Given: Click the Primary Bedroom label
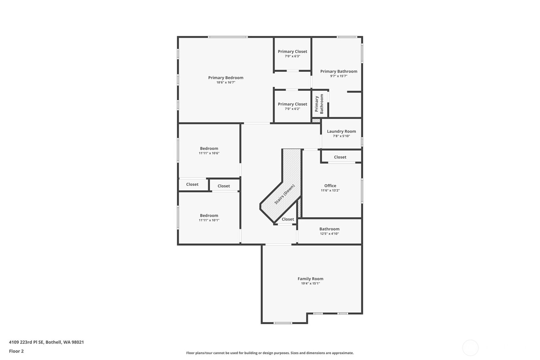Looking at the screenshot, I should coord(226,78).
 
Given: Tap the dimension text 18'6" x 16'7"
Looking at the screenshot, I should coord(226,82).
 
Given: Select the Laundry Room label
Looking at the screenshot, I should coord(341,131).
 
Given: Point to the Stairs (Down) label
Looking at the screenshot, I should coord(284,194).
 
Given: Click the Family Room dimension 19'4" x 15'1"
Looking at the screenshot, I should coord(310,283).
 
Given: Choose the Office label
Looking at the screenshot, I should coord(330,186).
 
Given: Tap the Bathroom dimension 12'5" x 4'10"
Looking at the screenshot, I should coord(329,234).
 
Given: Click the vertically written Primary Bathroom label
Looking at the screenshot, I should coord(319,104).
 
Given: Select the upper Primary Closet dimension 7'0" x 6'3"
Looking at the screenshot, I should coord(292,56).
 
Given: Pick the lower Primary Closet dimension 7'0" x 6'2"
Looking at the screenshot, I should coord(292,109).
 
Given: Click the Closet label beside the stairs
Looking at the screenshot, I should coord(288,219).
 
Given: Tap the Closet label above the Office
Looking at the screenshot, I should coord(340,157).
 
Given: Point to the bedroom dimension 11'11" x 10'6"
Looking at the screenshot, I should coord(209,153).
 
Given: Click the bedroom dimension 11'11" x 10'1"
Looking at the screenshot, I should coord(209,220).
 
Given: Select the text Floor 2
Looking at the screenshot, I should coord(16,351).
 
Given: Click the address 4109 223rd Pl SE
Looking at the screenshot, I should coord(46,342).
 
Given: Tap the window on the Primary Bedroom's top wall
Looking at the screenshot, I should coord(228,37).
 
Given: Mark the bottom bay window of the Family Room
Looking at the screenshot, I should coord(283,323).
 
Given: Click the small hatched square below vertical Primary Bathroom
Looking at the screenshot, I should coord(316,121).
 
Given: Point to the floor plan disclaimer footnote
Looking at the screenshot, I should coord(270,353).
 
